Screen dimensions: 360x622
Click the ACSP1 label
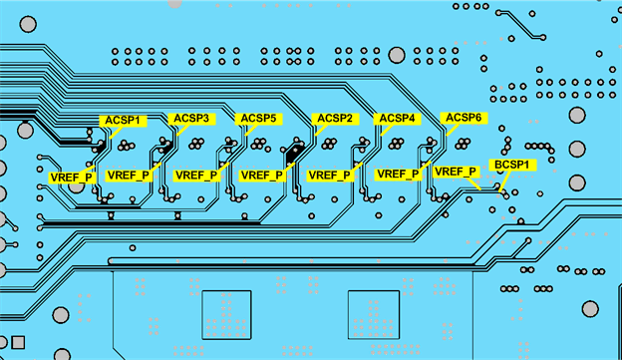click(125, 121)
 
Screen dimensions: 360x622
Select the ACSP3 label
click(191, 119)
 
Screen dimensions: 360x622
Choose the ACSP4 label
click(397, 119)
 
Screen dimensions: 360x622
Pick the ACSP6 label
click(464, 118)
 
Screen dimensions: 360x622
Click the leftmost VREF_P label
click(72, 178)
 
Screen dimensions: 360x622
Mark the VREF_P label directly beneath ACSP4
click(398, 174)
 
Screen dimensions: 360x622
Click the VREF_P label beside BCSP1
click(456, 172)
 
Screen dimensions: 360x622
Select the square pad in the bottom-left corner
click(17, 344)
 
